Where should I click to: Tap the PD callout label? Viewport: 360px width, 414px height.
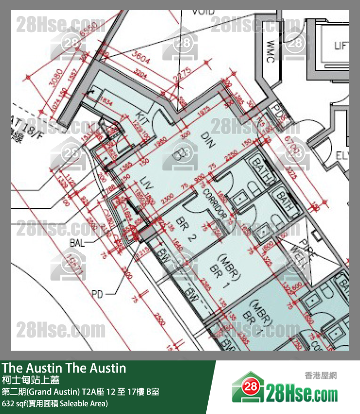point(98,294)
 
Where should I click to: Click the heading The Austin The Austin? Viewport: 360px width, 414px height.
point(64,368)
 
